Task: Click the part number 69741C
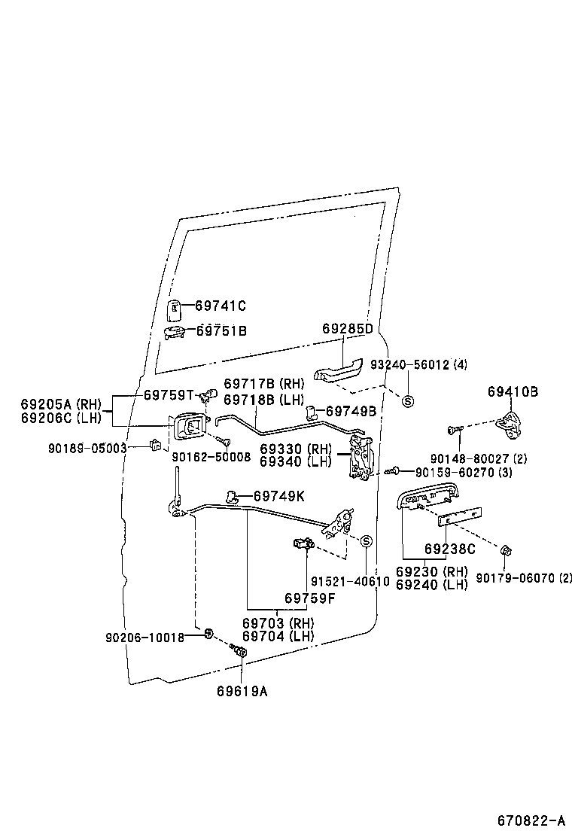221,306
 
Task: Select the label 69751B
221,330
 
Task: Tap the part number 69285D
348,329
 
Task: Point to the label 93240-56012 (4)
419,365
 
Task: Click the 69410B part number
513,391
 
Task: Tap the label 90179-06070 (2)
524,578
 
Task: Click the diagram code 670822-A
531,819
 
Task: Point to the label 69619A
242,690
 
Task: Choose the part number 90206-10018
145,637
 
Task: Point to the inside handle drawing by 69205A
188,430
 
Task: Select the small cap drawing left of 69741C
174,308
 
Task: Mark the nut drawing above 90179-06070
506,553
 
